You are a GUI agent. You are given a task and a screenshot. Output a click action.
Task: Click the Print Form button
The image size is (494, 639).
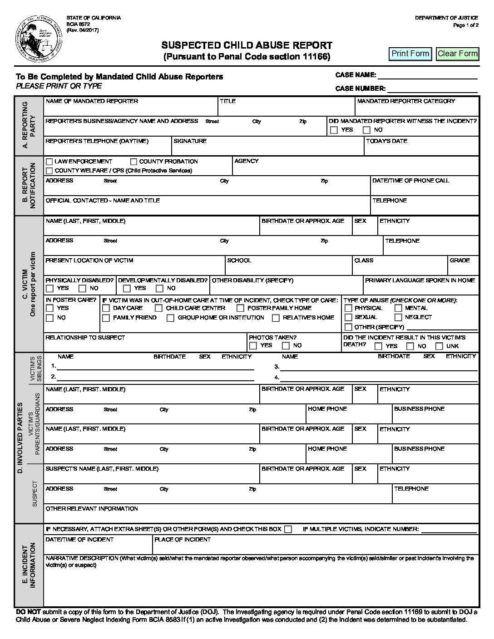tap(410, 54)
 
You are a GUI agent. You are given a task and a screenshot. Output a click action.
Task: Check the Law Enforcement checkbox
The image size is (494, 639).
tap(49, 162)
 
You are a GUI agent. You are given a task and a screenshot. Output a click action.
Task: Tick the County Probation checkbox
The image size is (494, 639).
tap(134, 162)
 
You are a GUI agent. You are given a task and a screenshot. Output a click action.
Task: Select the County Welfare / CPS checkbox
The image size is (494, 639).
tap(49, 171)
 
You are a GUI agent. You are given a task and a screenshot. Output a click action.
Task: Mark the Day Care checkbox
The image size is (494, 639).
tap(106, 308)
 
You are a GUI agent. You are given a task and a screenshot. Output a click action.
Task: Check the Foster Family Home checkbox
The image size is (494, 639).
tap(241, 308)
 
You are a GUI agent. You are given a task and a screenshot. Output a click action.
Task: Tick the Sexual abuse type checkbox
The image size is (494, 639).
tap(349, 318)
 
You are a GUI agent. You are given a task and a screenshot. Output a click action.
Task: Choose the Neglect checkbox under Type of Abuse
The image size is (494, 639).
tap(399, 318)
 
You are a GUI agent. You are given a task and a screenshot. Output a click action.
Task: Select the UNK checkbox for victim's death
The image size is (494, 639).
tap(440, 346)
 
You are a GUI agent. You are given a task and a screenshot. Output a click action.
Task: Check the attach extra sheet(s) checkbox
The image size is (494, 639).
tap(288, 529)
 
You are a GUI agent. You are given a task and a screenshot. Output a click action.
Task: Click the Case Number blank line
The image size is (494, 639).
tap(432, 89)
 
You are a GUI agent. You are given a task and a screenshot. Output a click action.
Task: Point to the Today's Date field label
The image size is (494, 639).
tap(386, 141)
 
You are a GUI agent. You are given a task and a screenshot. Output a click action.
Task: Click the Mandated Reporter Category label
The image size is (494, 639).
tap(406, 101)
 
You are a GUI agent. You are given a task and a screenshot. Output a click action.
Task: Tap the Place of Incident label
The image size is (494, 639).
tap(183, 540)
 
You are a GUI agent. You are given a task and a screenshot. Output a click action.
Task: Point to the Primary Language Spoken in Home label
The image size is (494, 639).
tap(420, 280)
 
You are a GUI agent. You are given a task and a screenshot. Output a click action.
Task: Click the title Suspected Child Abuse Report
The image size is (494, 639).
tap(247, 45)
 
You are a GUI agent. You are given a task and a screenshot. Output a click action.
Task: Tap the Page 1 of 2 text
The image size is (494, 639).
tap(466, 25)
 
